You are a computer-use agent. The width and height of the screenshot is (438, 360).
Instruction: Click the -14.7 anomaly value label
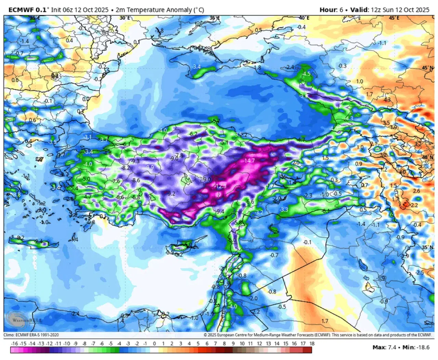click(x=249, y=160)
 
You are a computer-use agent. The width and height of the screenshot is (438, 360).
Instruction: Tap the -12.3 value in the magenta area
click(x=221, y=186)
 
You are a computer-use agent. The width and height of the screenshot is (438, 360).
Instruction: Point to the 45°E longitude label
click(x=393, y=18)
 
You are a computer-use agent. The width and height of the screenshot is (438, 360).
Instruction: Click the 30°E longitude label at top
click(x=125, y=18)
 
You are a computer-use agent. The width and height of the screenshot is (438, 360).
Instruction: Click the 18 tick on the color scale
click(x=311, y=344)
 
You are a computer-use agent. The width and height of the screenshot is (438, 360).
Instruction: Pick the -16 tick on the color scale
click(x=14, y=344)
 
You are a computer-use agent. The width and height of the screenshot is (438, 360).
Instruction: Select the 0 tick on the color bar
click(x=154, y=344)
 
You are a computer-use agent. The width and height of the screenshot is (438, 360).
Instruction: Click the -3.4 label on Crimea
click(x=196, y=67)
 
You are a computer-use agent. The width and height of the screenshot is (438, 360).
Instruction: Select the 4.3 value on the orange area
click(x=387, y=100)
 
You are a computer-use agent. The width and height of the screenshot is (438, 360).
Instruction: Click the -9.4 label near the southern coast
click(x=219, y=211)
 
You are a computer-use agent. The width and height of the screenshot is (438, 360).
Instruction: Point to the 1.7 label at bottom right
click(x=325, y=321)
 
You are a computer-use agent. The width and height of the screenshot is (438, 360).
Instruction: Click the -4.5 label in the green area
click(x=306, y=74)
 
